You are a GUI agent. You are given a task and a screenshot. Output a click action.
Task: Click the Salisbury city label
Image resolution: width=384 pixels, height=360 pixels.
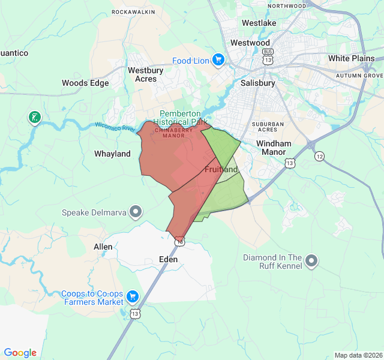tap(257, 83)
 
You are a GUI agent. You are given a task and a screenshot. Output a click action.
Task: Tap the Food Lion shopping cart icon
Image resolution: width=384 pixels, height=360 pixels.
tap(217, 60)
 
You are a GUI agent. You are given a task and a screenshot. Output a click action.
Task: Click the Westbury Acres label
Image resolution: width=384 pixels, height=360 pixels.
tap(145, 74)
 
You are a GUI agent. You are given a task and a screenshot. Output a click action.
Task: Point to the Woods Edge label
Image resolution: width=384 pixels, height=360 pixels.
tap(85, 83)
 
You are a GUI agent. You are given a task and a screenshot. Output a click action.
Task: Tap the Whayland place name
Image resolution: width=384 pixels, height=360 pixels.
tap(112, 154)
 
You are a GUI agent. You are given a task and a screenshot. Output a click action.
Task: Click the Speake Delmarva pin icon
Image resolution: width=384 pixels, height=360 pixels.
tap(137, 212)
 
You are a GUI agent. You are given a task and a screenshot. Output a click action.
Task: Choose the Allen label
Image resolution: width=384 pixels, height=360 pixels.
tap(103, 247)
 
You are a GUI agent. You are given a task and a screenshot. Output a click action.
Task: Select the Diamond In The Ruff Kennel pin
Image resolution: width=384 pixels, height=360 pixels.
tap(311, 260)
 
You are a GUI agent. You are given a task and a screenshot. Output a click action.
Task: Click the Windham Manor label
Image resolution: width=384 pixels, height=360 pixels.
tap(274, 148)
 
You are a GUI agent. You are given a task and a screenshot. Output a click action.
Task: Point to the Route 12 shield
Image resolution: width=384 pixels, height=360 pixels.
tap(319, 156)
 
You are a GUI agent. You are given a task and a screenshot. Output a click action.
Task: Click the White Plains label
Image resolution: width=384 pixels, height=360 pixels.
tap(351, 59)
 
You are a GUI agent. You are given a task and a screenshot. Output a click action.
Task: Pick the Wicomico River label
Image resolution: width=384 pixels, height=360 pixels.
tap(115, 127)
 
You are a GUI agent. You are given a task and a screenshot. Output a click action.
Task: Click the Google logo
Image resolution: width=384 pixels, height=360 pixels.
tap(20, 353)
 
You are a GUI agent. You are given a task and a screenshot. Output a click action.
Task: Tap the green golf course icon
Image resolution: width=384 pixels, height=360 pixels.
tap(35, 117)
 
